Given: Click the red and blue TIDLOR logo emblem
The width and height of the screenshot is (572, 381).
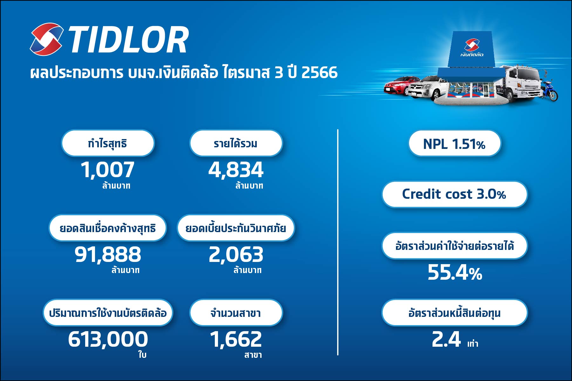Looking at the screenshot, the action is coord(46,39).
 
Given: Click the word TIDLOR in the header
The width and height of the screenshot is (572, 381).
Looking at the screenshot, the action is coord(129,40).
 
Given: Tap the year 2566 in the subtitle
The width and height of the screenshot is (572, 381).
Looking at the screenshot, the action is coord(319,72).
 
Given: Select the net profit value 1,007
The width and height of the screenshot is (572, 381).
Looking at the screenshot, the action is coord(107,170).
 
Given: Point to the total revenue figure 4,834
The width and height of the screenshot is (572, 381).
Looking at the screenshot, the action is coord(236,170).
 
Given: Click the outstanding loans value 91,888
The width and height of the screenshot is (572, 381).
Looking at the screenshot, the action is coord(108,254).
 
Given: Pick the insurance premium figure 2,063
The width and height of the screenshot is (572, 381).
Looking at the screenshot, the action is coord(236,254).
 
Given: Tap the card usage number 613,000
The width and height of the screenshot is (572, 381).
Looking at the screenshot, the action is coord(108,339).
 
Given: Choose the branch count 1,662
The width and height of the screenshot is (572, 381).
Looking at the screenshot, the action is coord(236,339).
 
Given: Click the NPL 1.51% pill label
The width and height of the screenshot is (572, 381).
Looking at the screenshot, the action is coord(454,144).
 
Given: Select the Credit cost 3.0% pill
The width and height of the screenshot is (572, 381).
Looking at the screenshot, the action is coord(454,194).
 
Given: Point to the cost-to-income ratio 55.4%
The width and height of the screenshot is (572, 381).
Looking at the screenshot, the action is coord(455,272).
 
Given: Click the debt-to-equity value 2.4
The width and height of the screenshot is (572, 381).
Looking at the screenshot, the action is coord(446,339).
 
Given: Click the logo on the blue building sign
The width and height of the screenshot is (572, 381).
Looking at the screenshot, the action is coord(472,48).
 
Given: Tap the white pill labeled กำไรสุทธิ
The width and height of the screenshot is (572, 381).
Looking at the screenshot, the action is coord(108,143).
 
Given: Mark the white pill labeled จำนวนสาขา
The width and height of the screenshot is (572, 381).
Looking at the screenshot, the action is coord(236,313).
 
